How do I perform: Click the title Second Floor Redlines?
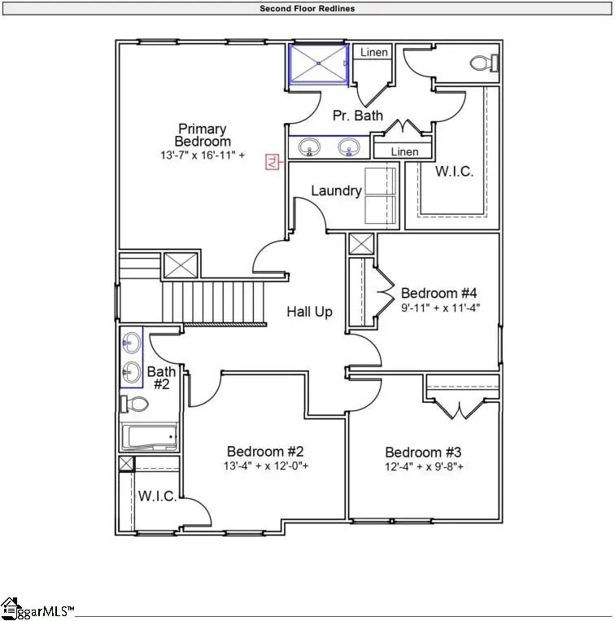[x=307, y=8]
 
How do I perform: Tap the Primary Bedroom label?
[x=203, y=135]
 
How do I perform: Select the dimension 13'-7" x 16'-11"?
[x=203, y=155]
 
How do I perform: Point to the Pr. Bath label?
[x=358, y=116]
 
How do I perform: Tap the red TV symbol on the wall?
[x=272, y=163]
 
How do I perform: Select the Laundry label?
[x=336, y=191]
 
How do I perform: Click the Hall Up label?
[x=309, y=312]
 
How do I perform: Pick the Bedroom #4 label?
[x=440, y=293]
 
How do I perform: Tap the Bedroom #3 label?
[x=424, y=453]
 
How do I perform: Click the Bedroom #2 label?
[x=265, y=452]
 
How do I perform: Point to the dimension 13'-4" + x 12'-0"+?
[x=265, y=466]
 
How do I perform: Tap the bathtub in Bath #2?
[x=149, y=438]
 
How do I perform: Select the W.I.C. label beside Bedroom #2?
[x=157, y=496]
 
